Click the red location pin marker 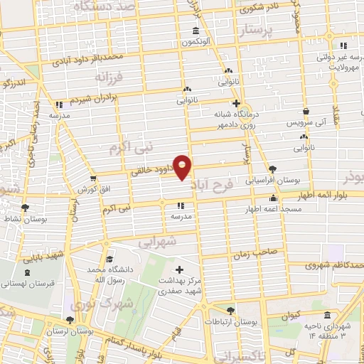183,168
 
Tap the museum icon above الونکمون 196,31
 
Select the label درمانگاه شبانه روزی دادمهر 236,117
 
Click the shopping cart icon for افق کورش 93,178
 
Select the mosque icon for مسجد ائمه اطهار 273,198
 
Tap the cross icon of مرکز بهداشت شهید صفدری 178,269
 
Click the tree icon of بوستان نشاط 25,208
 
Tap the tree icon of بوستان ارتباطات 230,311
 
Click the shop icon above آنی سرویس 306,112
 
